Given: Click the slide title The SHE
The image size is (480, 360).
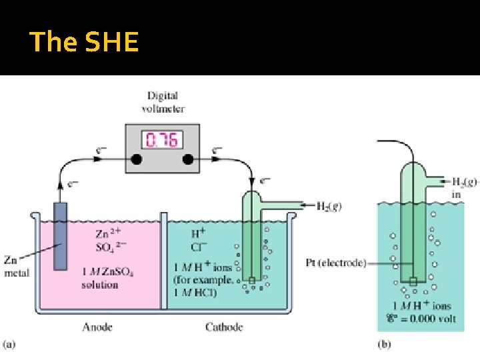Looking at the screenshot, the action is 84,42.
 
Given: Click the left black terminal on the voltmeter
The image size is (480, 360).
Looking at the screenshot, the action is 136,160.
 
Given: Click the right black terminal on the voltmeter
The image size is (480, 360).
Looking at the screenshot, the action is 189,160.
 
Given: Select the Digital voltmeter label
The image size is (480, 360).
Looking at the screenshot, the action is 163,103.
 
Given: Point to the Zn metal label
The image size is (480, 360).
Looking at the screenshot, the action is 17,266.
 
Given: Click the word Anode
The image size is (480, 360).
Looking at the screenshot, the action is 97,327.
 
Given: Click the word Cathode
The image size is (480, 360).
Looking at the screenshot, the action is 224,327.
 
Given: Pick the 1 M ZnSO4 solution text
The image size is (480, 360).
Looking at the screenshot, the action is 100,279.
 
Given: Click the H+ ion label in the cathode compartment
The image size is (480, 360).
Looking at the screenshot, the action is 198,234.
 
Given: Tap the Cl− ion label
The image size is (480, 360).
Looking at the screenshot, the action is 198,247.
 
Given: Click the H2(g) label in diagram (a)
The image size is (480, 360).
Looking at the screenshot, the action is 326,206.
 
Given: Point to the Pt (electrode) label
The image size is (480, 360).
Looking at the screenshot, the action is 336,263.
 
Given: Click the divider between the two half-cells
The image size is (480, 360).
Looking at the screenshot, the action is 163,260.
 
